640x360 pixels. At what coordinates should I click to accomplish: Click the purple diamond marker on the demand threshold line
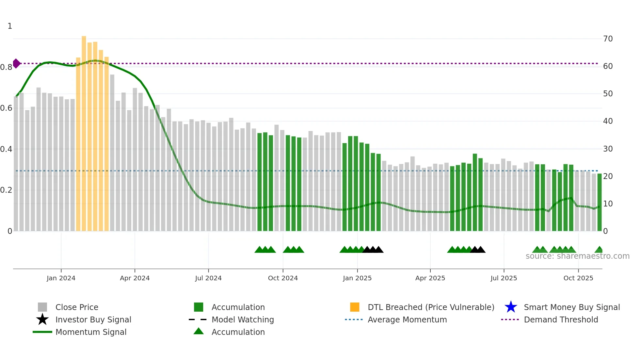tap(16, 63)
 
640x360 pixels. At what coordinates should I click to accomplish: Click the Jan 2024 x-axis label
tap(61, 278)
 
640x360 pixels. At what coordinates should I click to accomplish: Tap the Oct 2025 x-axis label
tap(578, 278)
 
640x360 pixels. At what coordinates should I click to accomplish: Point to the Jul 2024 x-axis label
tap(208, 278)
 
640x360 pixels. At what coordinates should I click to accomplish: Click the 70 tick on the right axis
tap(608, 39)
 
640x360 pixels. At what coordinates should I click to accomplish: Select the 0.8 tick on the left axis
tap(7, 67)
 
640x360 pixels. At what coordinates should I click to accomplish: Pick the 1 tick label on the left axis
tap(10, 26)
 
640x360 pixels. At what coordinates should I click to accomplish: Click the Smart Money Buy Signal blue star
tap(511, 307)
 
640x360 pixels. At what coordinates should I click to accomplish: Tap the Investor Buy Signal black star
tap(42, 319)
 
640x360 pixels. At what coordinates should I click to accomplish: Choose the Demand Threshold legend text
tap(561, 319)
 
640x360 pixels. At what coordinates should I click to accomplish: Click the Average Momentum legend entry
tap(407, 319)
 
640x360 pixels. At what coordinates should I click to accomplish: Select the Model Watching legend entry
tap(242, 319)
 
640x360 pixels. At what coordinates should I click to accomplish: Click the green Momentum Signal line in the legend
tap(42, 332)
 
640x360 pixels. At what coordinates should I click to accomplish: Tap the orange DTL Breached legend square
tap(355, 307)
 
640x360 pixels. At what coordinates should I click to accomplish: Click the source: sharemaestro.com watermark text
tap(577, 256)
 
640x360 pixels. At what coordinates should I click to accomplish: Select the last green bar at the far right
tap(600, 203)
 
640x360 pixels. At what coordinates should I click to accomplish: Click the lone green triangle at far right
tap(599, 250)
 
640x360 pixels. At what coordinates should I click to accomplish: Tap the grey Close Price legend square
tap(42, 307)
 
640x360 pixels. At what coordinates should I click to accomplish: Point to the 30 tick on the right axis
tap(608, 149)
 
